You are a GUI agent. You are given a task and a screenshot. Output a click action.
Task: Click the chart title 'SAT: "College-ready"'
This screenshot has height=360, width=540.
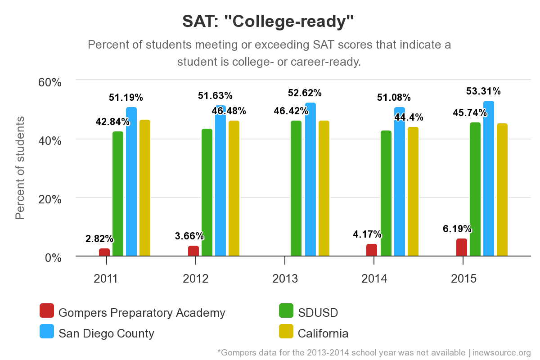tap(268, 21)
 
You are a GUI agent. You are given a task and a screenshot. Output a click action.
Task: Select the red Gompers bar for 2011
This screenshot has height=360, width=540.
tap(104, 252)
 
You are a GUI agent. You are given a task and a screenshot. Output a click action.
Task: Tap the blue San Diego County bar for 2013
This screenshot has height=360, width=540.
tap(310, 180)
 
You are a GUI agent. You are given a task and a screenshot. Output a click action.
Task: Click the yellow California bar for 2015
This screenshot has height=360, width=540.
tap(502, 190)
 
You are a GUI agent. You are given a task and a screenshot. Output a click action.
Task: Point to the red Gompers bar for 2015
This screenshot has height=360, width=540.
tap(462, 247)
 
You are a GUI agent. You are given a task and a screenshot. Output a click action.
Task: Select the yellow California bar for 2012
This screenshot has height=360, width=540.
tap(234, 189)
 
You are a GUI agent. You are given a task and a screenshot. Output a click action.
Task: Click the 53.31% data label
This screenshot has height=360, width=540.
tap(483, 91)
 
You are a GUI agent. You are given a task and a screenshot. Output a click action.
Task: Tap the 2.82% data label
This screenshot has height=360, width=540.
tap(99, 239)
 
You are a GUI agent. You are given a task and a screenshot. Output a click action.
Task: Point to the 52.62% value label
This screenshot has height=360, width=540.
tap(305, 93)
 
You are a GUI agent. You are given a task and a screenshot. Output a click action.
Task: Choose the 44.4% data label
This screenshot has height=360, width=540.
tap(409, 117)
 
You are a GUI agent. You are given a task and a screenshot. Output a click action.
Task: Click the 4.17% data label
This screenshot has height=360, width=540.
tap(367, 234)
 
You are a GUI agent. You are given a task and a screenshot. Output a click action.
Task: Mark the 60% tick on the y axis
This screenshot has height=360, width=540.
tap(49, 82)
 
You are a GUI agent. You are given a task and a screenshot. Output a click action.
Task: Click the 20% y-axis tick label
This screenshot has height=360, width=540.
tap(49, 199)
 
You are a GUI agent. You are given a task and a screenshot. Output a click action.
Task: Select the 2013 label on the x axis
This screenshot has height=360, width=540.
tap(285, 279)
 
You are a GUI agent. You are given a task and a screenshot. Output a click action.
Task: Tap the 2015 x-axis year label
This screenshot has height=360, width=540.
tap(463, 279)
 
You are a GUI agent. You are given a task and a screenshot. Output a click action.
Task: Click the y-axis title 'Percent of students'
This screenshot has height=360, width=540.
tap(20, 167)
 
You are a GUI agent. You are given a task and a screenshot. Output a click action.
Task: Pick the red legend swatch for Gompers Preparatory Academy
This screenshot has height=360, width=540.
tap(47, 311)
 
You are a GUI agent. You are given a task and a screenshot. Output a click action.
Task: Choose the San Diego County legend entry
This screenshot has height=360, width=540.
tap(106, 333)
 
